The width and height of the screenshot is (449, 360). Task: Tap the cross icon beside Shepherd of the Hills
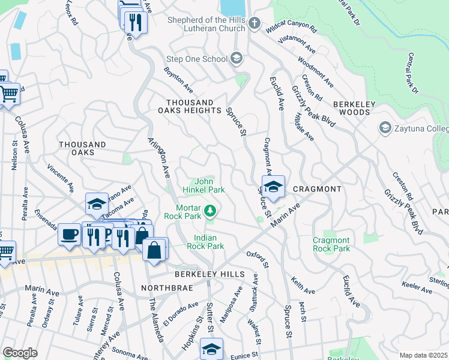click(x=255, y=24)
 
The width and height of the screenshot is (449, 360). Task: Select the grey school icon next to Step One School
click(x=237, y=59)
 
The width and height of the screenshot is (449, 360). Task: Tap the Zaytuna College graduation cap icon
click(x=384, y=128)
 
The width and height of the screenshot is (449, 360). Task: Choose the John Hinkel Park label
click(x=208, y=185)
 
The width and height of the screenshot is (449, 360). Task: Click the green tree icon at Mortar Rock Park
click(x=210, y=211)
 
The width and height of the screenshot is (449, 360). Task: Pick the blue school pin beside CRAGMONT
click(x=273, y=187)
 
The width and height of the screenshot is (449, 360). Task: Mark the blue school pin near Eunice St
click(x=211, y=349)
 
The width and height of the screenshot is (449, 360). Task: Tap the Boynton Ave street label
click(x=178, y=80)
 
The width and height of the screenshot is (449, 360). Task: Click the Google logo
click(x=20, y=353)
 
